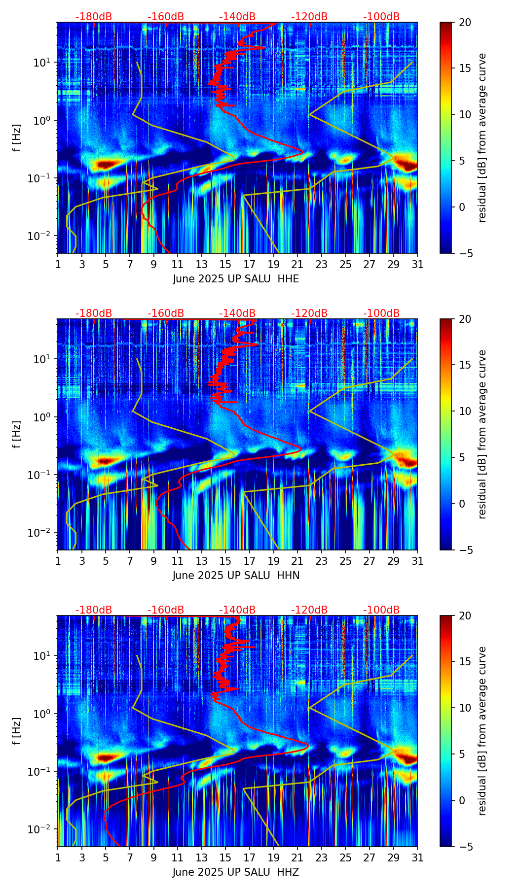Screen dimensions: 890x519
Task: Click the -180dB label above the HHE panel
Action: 94,17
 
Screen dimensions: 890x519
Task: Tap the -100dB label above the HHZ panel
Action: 381,610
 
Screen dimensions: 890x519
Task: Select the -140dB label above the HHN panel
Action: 237,313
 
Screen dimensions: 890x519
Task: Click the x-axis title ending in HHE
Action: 236,279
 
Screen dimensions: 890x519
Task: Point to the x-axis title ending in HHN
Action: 236,576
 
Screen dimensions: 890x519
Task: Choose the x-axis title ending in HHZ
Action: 236,872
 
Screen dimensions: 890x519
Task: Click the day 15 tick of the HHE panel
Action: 225,264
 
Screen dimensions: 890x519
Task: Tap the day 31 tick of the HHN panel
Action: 417,561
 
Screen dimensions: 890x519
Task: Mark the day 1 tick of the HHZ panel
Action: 58,857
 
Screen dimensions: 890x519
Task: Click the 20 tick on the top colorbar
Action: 465,22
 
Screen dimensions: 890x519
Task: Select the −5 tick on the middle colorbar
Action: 465,549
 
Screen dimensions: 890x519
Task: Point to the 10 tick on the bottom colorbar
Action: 465,708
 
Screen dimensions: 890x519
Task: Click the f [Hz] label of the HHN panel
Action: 17,434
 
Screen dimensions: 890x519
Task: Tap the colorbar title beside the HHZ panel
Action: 482,731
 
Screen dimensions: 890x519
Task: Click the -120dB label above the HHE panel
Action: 309,17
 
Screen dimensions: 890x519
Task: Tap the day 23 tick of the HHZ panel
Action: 322,857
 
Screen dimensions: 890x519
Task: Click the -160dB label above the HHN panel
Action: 166,313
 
